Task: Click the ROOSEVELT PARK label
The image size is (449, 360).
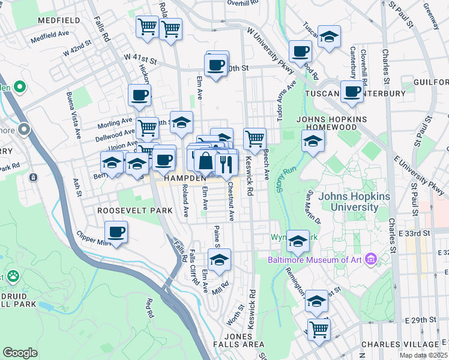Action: [135, 211]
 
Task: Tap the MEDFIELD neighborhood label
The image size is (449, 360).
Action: [58, 20]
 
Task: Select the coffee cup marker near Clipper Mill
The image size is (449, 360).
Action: [116, 232]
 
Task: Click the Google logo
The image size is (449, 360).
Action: [20, 353]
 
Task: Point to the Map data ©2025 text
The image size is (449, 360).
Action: [424, 355]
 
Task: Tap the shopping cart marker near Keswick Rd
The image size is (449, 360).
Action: [255, 138]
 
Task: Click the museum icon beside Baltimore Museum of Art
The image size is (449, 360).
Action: [370, 260]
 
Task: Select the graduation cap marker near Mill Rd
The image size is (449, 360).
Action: [219, 260]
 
